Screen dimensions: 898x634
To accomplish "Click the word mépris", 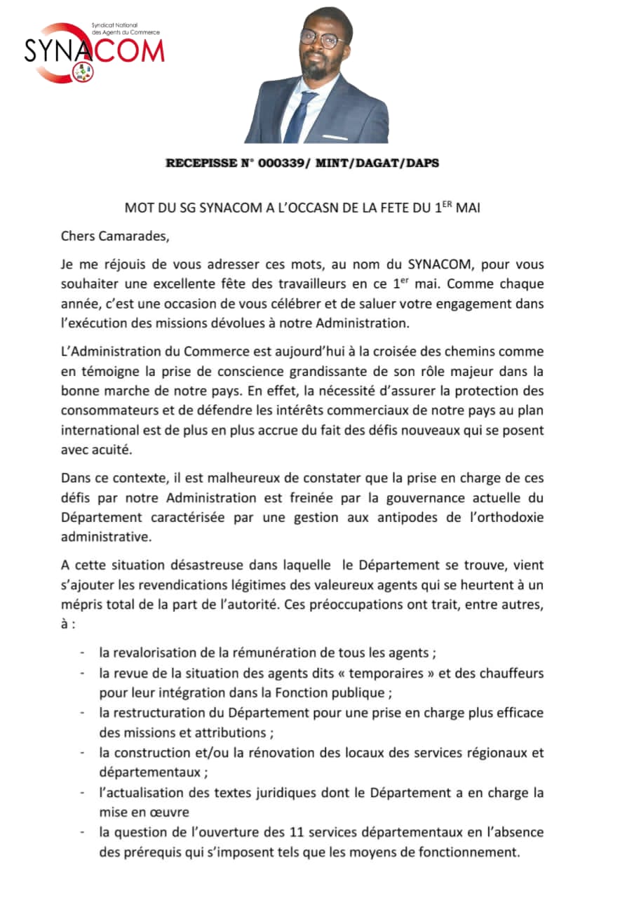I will pos(80,603).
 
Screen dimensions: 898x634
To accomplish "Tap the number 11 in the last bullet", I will pos(296,833).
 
